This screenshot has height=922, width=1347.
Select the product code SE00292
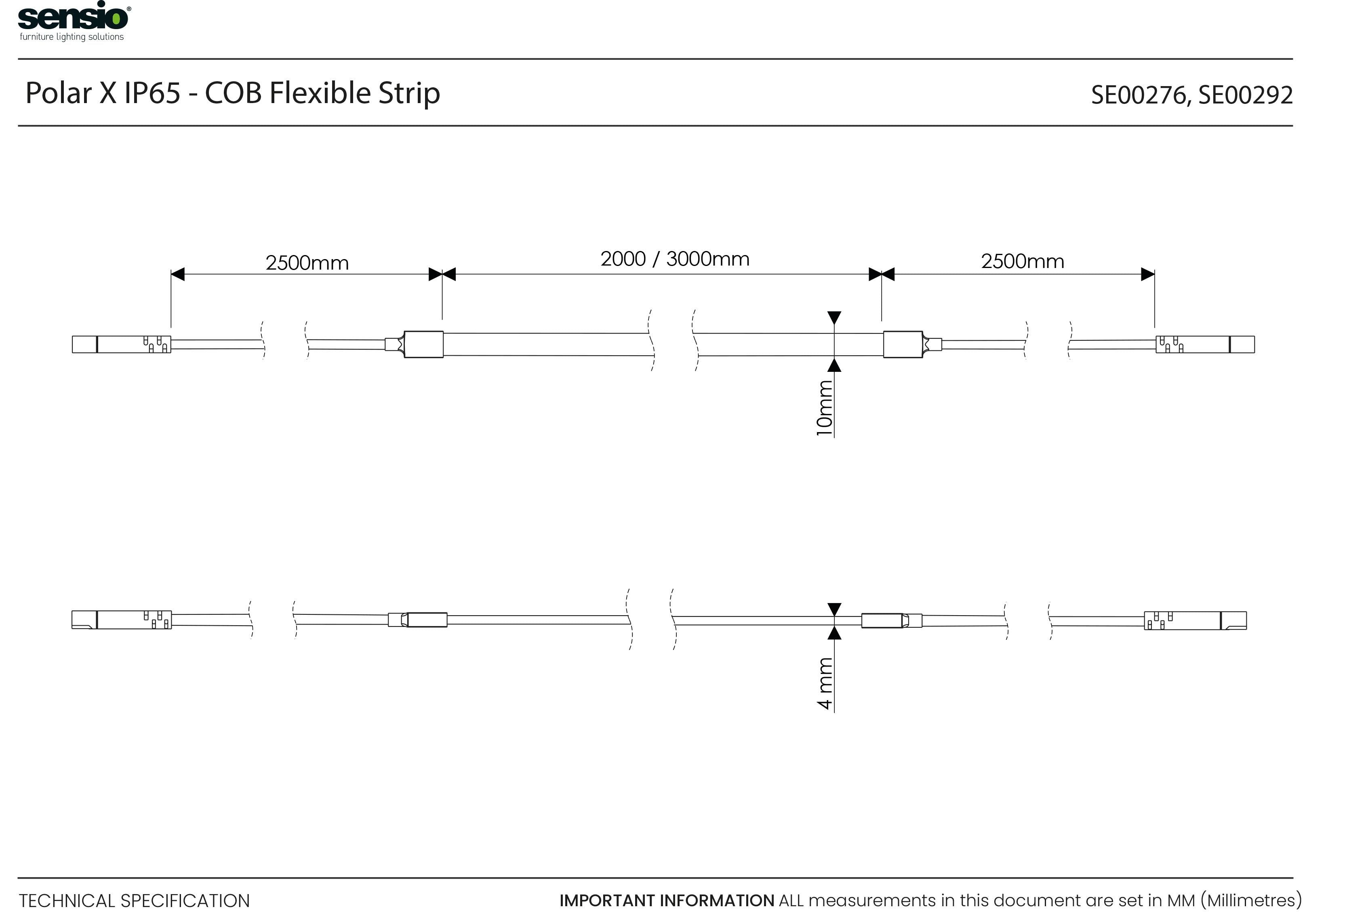pyautogui.click(x=1246, y=95)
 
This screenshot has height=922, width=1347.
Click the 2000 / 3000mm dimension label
pyautogui.click(x=675, y=259)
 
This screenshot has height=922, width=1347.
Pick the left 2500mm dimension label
pyautogui.click(x=307, y=263)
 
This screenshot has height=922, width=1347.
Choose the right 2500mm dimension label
pyautogui.click(x=1023, y=262)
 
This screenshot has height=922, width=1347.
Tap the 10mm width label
pyautogui.click(x=824, y=408)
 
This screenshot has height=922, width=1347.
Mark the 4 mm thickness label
pyautogui.click(x=825, y=684)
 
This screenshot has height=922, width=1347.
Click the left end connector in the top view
pyautogui.click(x=121, y=344)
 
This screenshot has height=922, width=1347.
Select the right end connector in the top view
pyautogui.click(x=1205, y=344)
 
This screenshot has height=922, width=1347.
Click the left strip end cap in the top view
pyautogui.click(x=424, y=344)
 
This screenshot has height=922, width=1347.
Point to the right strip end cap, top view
pyautogui.click(x=903, y=344)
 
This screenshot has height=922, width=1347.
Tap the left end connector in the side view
pyautogui.click(x=122, y=620)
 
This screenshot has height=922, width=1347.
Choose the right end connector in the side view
pyautogui.click(x=1195, y=620)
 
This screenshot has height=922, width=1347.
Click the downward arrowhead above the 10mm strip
pyautogui.click(x=834, y=318)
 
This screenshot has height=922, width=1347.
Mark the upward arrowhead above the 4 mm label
pyautogui.click(x=834, y=633)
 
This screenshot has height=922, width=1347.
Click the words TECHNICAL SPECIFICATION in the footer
pyautogui.click(x=135, y=901)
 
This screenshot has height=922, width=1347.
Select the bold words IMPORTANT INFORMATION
pyautogui.click(x=667, y=901)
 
